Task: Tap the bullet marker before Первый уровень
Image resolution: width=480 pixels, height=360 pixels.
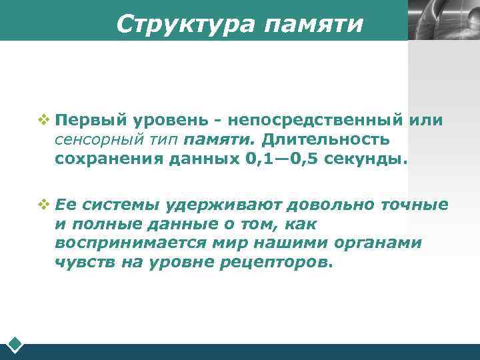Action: (44, 120)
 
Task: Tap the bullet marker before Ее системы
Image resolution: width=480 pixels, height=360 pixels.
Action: (44, 203)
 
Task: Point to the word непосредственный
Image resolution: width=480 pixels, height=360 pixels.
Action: (314, 120)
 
